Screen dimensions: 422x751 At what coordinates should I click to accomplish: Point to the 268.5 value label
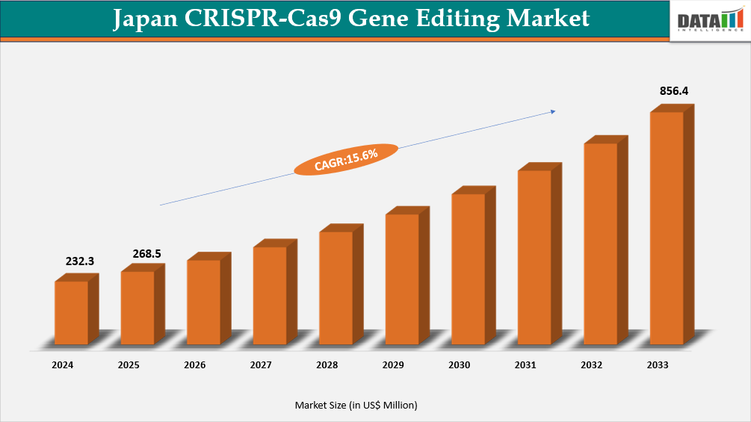click(x=146, y=254)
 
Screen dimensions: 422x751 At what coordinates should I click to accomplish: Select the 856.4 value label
click(x=673, y=91)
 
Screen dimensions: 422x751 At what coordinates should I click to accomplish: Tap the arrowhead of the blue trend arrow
click(x=553, y=111)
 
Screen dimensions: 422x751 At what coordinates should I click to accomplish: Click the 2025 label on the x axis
click(x=129, y=365)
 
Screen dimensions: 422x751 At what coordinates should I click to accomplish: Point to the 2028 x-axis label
click(x=327, y=365)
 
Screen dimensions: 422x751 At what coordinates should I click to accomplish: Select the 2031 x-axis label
click(x=525, y=365)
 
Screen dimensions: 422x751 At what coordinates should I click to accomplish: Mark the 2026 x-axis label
click(x=194, y=365)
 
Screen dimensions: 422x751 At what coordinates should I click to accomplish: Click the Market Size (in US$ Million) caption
click(x=356, y=405)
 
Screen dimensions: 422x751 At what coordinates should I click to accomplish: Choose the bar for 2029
click(x=402, y=279)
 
